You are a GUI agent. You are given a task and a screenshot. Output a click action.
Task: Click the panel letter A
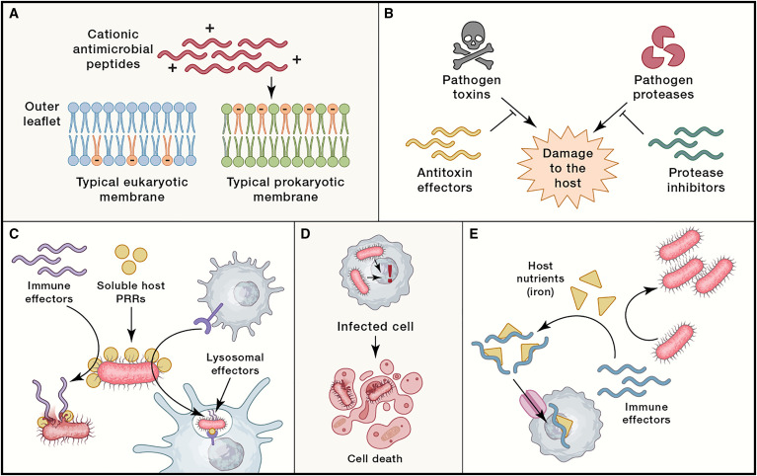click(x=15, y=16)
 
